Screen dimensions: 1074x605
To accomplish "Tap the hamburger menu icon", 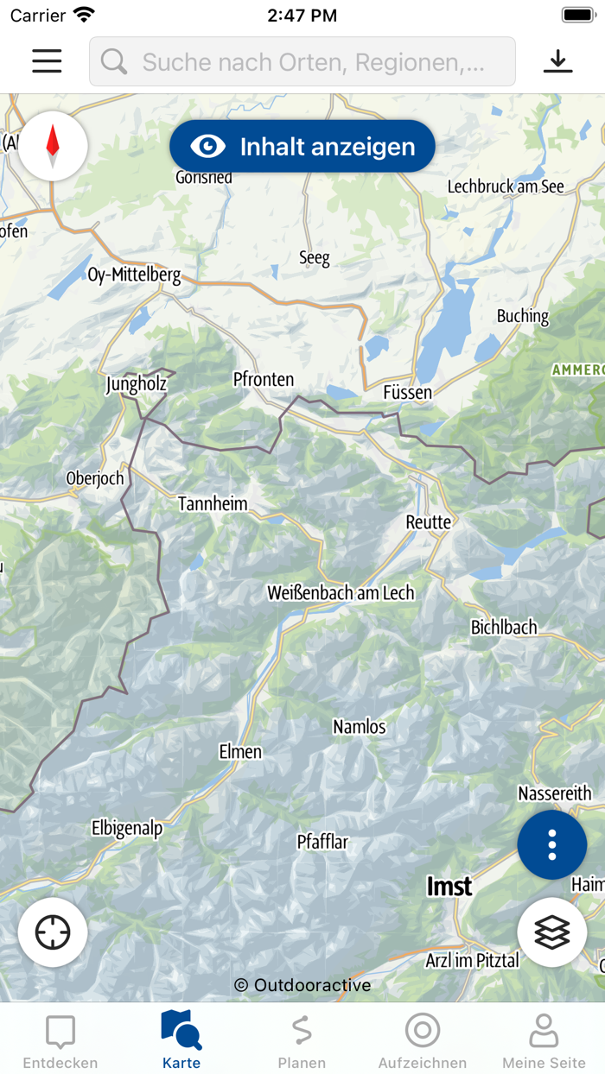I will (x=47, y=61).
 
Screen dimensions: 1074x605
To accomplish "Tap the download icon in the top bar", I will (x=558, y=61).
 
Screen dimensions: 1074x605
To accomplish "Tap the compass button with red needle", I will (x=53, y=146).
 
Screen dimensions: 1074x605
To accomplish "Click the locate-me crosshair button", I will (x=53, y=932).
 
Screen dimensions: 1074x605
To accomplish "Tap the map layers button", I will (x=552, y=932).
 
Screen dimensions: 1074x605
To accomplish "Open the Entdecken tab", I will (x=60, y=1041).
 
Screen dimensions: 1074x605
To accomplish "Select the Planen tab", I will (x=302, y=1041).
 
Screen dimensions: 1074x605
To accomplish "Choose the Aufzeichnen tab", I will (x=423, y=1041).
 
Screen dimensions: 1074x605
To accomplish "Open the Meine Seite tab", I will (x=544, y=1041).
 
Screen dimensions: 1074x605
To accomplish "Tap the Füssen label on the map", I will (x=407, y=393).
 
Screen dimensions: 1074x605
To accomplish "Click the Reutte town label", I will (x=429, y=522).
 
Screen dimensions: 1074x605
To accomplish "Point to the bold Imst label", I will (x=449, y=887).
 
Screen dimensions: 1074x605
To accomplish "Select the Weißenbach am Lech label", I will (x=341, y=593).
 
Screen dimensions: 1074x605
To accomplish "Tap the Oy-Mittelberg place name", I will (x=135, y=275).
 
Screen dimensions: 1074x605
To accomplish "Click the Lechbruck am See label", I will (x=506, y=186).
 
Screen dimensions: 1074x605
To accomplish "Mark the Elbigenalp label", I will (x=127, y=829).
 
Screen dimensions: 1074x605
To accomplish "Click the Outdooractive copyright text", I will (x=302, y=985).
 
